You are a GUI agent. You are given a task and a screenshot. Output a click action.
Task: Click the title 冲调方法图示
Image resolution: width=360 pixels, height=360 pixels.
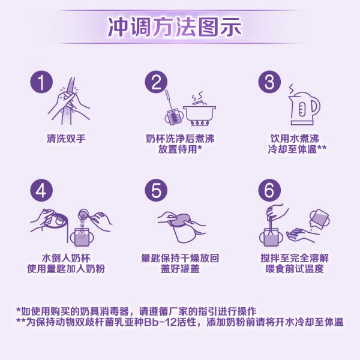(x=174, y=27)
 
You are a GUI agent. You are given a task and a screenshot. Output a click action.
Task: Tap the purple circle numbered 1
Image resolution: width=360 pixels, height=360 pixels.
(x=41, y=82)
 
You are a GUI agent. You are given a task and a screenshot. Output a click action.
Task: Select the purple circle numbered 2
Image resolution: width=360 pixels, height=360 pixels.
(x=156, y=82)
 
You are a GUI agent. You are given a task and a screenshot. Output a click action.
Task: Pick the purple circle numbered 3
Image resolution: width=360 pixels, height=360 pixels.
(x=269, y=82)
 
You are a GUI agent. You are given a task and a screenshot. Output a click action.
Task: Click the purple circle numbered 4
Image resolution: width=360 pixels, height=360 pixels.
(x=41, y=190)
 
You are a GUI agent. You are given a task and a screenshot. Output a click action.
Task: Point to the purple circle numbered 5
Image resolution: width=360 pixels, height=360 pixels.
(x=156, y=190)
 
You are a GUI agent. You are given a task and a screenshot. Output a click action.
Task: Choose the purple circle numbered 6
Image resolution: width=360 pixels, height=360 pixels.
(x=269, y=190)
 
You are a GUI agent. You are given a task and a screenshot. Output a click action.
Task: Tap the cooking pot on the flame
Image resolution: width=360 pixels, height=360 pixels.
(x=200, y=113)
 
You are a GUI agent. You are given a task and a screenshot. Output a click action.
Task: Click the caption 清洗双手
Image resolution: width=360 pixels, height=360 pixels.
(x=66, y=139)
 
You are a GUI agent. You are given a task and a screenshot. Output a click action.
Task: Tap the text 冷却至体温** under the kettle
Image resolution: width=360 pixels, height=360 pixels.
(x=297, y=149)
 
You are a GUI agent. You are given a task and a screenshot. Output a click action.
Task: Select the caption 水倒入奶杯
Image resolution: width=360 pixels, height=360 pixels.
(x=66, y=258)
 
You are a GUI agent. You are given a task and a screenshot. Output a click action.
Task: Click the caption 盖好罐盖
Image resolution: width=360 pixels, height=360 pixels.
(x=180, y=269)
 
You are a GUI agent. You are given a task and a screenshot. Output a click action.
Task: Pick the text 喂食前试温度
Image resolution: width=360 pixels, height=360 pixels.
(x=295, y=269)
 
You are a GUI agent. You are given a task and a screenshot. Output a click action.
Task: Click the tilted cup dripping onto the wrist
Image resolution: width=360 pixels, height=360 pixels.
(x=320, y=218)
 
